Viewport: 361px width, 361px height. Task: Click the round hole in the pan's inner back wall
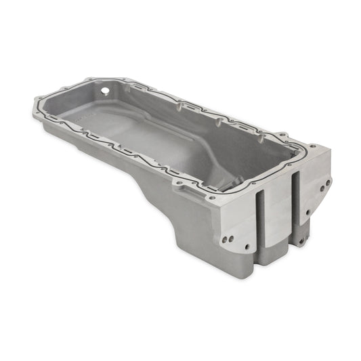pos(106,89)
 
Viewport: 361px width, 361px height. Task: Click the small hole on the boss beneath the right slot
pos(296,241)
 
